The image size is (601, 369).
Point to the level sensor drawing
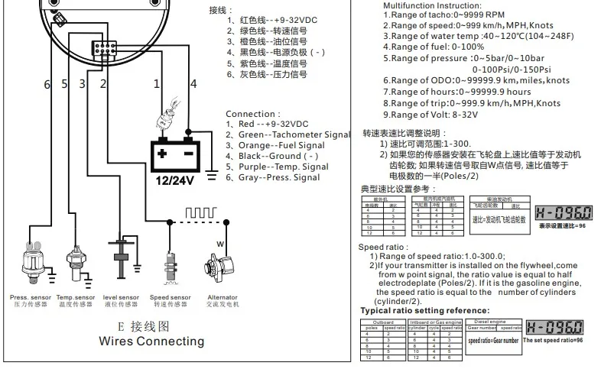point(120,260)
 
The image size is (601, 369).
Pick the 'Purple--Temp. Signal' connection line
point(277,167)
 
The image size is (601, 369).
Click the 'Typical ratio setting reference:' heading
point(425,310)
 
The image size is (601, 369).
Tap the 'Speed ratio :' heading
point(383,247)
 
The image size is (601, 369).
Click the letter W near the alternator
point(219,244)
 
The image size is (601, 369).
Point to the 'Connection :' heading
point(253,114)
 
